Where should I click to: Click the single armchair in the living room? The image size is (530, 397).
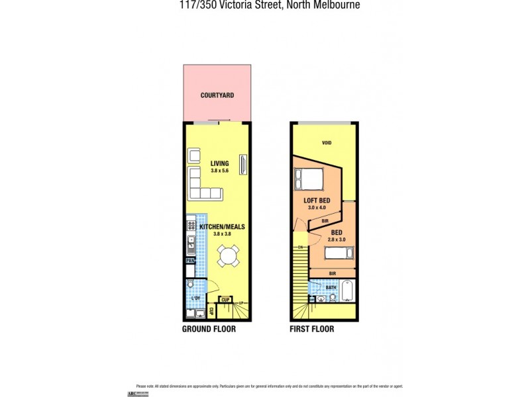(x=195, y=155)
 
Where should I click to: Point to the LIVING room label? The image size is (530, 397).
(x=219, y=163)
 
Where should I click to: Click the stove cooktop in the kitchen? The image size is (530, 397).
(x=191, y=225)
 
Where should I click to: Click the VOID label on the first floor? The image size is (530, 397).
(x=326, y=143)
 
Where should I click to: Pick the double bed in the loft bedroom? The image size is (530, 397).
(x=309, y=179)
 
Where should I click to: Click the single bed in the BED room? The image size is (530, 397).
(x=339, y=253)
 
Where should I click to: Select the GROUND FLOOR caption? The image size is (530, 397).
(x=209, y=329)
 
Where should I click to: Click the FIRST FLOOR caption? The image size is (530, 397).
(x=311, y=329)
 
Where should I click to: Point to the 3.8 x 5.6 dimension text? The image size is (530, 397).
(x=219, y=171)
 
